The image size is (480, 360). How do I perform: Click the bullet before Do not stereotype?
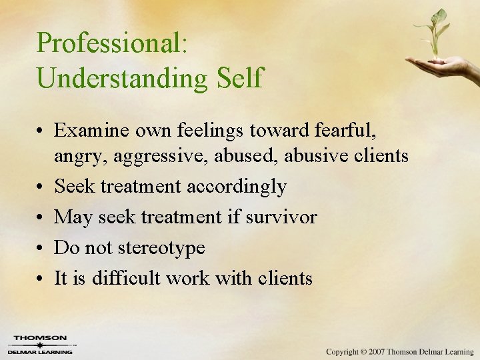41,248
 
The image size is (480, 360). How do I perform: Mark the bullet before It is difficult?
41,278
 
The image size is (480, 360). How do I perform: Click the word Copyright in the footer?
341,351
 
